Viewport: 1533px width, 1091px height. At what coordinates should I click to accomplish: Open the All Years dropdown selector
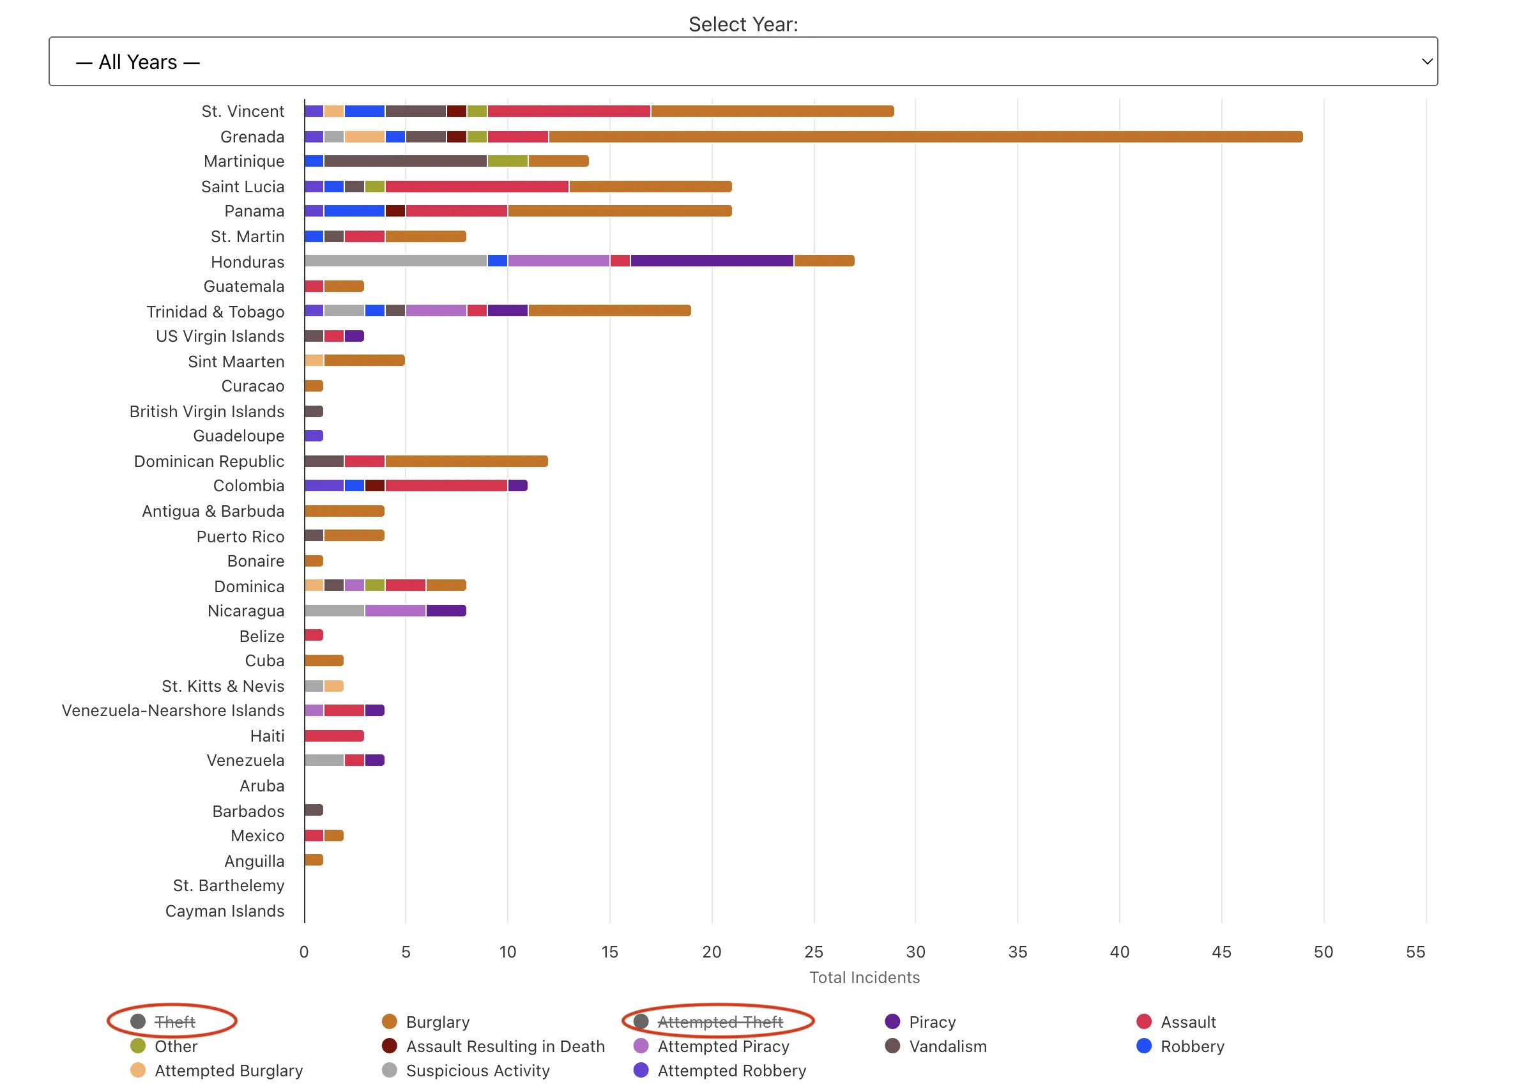point(742,62)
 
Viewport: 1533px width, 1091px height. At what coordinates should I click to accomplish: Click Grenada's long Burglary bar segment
point(925,137)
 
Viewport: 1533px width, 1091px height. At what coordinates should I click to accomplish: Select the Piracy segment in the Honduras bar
point(712,261)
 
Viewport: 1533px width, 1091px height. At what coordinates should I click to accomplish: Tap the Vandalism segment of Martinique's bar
point(405,161)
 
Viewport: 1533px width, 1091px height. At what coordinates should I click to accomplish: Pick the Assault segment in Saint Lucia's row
point(477,187)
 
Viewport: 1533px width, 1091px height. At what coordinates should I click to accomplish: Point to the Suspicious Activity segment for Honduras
point(395,261)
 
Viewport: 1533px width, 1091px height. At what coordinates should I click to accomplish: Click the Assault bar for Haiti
point(334,736)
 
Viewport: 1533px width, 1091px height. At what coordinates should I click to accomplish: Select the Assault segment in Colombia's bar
point(446,485)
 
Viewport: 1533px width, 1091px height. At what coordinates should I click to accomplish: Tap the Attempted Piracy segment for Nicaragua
point(395,611)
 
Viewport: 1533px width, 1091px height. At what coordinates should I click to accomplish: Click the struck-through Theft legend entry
point(174,1022)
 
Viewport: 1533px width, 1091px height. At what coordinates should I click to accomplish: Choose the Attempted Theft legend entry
point(719,1022)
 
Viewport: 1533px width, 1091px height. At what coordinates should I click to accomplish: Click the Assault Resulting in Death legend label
point(505,1047)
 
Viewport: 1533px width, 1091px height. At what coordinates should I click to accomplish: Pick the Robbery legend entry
point(1192,1047)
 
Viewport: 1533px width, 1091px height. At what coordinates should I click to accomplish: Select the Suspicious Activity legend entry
point(477,1071)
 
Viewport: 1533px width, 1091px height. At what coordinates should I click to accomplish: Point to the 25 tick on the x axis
point(814,952)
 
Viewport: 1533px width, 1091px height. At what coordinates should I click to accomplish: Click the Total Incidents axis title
point(864,977)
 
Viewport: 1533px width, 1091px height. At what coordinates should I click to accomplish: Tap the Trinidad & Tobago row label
point(215,312)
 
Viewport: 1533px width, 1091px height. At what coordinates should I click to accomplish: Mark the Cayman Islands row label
point(224,911)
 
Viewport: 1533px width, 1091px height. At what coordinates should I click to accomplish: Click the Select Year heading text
point(743,24)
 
